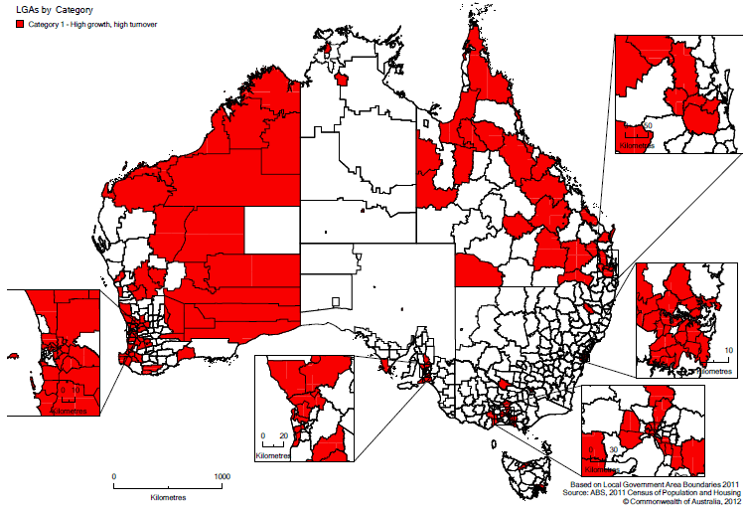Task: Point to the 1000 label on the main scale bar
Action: [222, 476]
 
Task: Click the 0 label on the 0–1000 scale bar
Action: [114, 476]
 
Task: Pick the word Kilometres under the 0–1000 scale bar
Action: [169, 494]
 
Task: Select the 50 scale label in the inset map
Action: [647, 124]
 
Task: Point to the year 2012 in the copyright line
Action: [731, 501]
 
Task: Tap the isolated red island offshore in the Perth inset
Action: [13, 355]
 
